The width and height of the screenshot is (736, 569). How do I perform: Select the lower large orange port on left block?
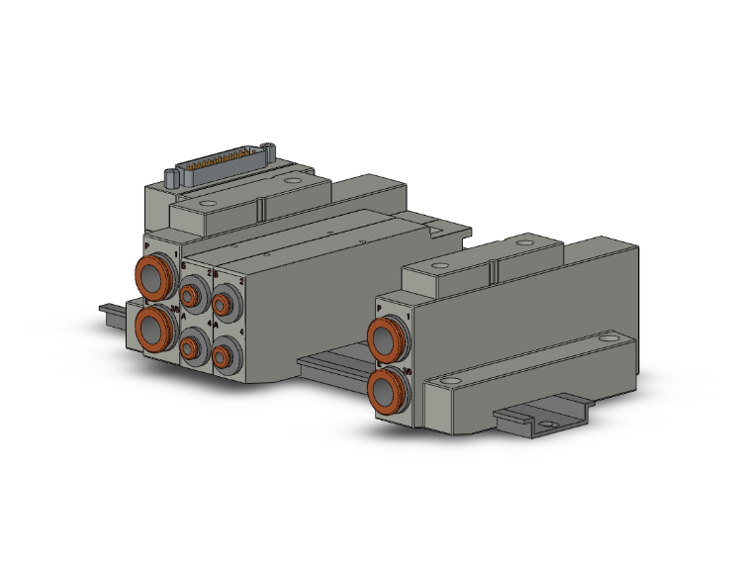[153, 324]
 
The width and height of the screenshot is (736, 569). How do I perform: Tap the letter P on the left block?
[147, 242]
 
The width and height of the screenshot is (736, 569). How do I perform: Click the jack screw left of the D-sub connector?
[170, 178]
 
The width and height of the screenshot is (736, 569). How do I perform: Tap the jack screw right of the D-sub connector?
[271, 151]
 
